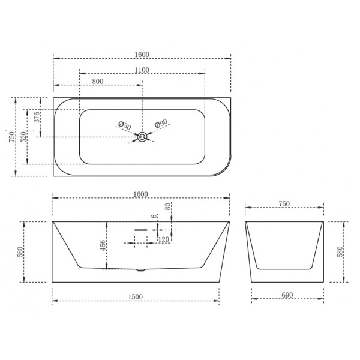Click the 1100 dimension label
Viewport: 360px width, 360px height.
coord(142,70)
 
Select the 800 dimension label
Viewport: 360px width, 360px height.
coord(98,81)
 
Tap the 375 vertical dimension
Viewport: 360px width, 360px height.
coord(37,117)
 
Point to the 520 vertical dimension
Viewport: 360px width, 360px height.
coord(24,137)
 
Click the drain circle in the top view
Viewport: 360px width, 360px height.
coord(142,137)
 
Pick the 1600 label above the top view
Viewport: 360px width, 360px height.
coord(142,55)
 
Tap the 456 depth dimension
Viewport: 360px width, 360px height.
coord(103,247)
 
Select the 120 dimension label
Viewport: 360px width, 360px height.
coord(162,239)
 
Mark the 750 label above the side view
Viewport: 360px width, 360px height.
coord(284,204)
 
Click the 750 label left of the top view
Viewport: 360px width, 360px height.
coord(10,137)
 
